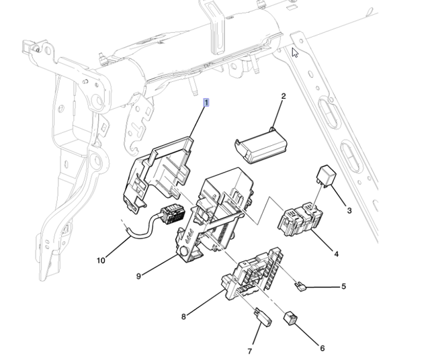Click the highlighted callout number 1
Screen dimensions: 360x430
click(x=207, y=103)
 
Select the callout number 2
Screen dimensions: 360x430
click(x=283, y=97)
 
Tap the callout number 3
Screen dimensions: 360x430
click(x=349, y=211)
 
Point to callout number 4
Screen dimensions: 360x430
click(x=336, y=254)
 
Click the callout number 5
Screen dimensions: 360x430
click(x=343, y=287)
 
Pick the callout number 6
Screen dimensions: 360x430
click(x=322, y=348)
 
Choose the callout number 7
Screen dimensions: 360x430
click(x=249, y=351)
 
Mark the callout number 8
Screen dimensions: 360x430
click(x=183, y=317)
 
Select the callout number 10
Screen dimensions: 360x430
click(x=101, y=261)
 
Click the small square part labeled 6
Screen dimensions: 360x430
click(x=291, y=317)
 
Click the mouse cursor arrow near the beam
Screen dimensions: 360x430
click(x=294, y=52)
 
